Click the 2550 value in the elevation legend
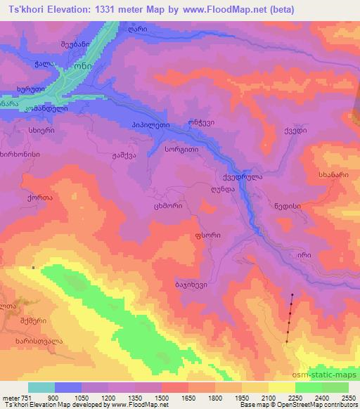click(x=347, y=397)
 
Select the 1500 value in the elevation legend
click(x=161, y=397)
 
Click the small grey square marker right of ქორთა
click(x=33, y=267)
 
